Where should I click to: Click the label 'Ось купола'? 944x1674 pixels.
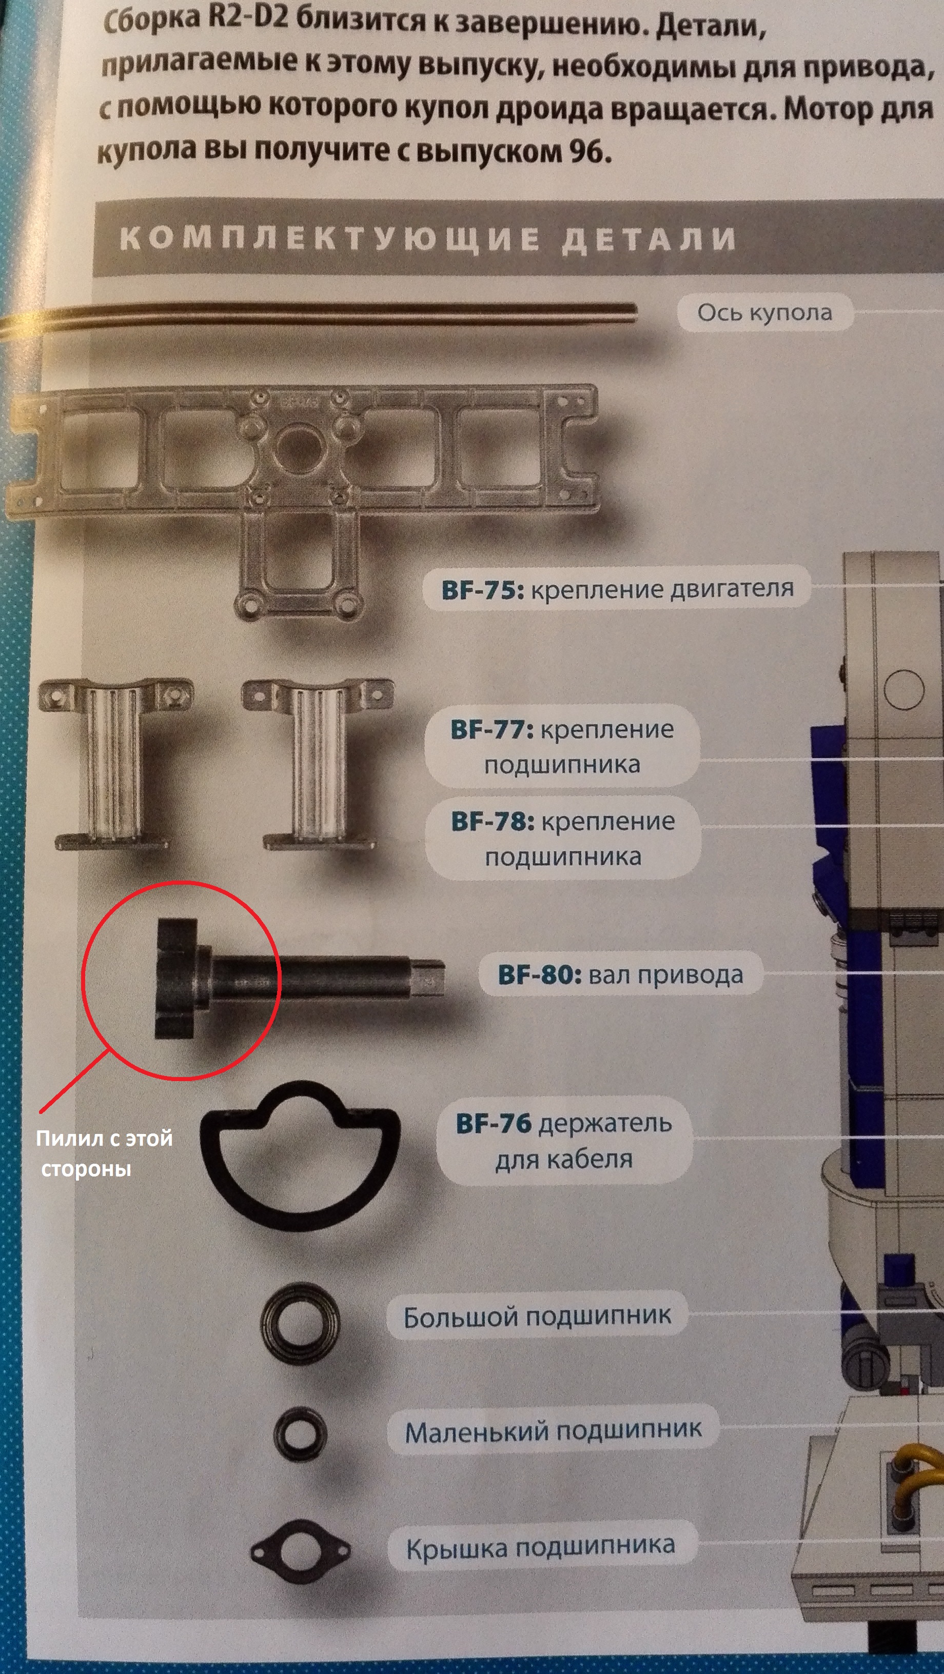point(764,312)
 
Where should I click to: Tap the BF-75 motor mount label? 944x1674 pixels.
point(617,589)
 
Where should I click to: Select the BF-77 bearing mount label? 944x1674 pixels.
point(562,746)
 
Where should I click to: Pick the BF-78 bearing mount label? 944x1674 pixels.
point(563,839)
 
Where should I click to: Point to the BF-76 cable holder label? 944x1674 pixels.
point(564,1141)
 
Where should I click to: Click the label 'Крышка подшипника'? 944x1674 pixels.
point(541,1547)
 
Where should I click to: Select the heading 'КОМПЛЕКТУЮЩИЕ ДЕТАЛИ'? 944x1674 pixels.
point(428,238)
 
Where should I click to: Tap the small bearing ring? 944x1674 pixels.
point(300,1452)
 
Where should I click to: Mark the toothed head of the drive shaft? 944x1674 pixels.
point(175,978)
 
